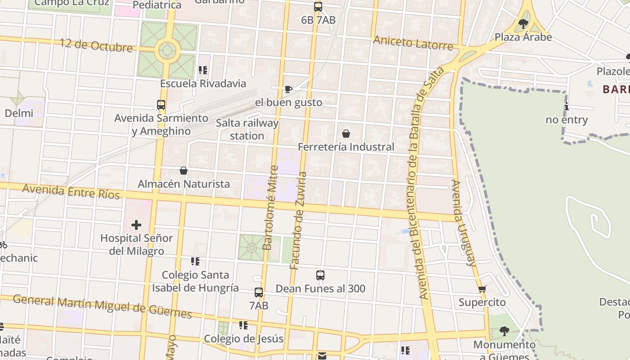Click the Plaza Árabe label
pyautogui.click(x=523, y=37)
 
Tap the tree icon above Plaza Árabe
pyautogui.click(x=523, y=23)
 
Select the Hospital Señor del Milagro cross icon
pyautogui.click(x=136, y=225)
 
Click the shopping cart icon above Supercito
pyautogui.click(x=482, y=289)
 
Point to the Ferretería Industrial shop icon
pyautogui.click(x=346, y=134)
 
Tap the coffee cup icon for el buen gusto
pyautogui.click(x=288, y=89)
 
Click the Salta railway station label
pyautogui.click(x=247, y=129)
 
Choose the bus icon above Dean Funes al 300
pyautogui.click(x=320, y=275)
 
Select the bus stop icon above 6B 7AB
pyautogui.click(x=318, y=7)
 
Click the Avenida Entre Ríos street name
pyautogui.click(x=71, y=191)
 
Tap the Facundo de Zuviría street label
pyautogui.click(x=298, y=220)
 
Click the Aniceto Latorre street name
pyautogui.click(x=413, y=43)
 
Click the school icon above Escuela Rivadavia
pyautogui.click(x=203, y=70)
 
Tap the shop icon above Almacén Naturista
pyautogui.click(x=184, y=171)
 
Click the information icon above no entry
pyautogui.click(x=567, y=107)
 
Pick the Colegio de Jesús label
pyautogui.click(x=243, y=338)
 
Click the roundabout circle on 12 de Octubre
pyautogui.click(x=167, y=51)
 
